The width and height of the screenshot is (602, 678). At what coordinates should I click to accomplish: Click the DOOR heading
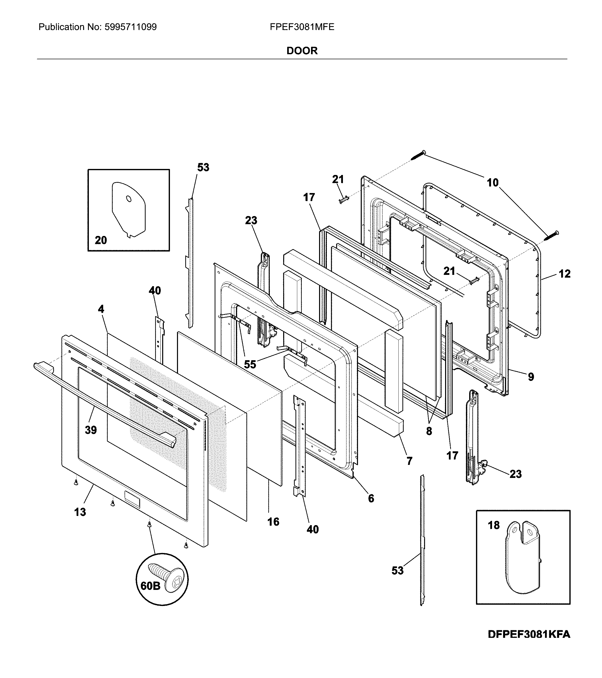[302, 51]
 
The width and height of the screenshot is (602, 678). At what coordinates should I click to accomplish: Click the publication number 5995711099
[130, 27]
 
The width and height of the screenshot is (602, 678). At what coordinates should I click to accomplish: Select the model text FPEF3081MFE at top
[302, 27]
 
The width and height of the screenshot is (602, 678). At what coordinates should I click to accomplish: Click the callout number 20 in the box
[101, 240]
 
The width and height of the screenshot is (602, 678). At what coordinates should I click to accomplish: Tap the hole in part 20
[129, 199]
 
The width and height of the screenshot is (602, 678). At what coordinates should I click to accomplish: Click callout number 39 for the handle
[91, 430]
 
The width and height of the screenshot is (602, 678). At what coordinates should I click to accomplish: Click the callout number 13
[80, 512]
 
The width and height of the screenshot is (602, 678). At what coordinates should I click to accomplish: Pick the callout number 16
[273, 522]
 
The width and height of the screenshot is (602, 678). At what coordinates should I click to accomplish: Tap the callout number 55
[250, 364]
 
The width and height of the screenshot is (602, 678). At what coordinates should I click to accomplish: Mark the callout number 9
[531, 377]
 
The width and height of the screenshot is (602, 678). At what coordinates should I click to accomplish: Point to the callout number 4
[101, 309]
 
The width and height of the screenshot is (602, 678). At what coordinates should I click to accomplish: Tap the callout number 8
[429, 431]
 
